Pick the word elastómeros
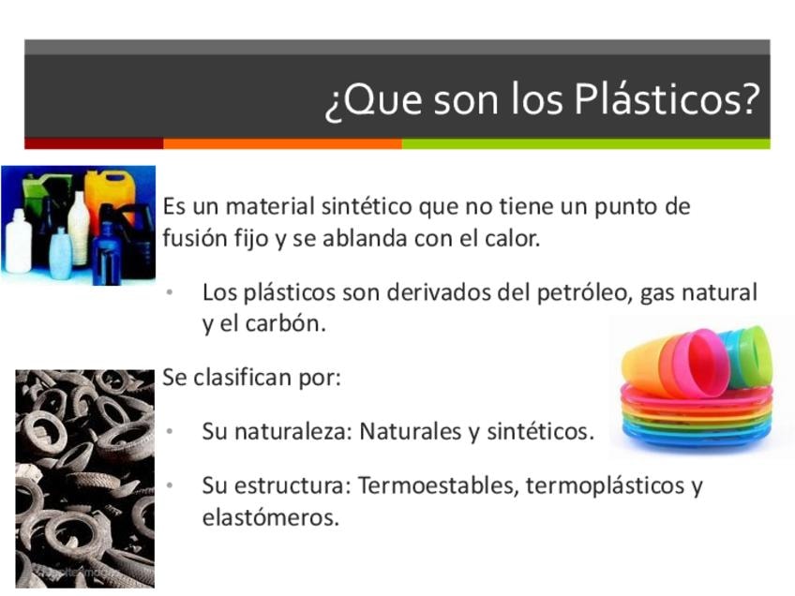click(270, 517)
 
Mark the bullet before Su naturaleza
click(170, 431)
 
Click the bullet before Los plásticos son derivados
click(170, 292)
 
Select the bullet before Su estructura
click(170, 485)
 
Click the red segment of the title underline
click(94, 144)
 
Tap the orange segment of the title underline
click(282, 144)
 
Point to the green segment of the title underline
click(586, 144)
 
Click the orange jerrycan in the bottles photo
click(111, 193)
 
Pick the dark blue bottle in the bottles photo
click(106, 253)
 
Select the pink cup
click(698, 363)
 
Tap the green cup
click(754, 356)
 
